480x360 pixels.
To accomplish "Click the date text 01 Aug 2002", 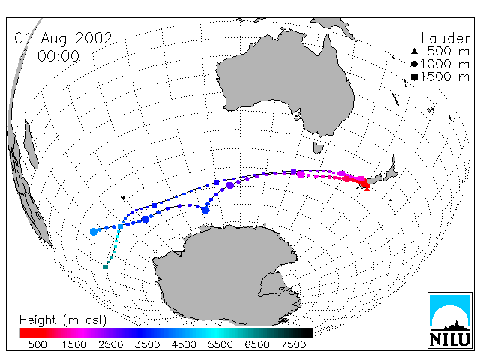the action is coord(63,39).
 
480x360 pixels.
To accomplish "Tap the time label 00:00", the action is coord(58,56).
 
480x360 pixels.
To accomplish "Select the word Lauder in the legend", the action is coord(445,38).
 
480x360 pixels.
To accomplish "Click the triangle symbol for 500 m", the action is coord(414,51).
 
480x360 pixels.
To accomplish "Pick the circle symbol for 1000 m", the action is coord(414,64).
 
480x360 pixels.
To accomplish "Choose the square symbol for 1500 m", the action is coord(414,76).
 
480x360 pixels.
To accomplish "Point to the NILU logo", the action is coord(450,320).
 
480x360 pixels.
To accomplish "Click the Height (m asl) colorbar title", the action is coord(63,320).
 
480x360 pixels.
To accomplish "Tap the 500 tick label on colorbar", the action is coord(37,345).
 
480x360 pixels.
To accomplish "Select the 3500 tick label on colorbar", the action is coord(147,345).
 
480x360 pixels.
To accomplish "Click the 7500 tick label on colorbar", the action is coord(293,345).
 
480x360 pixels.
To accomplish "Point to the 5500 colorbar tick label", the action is coord(220,345).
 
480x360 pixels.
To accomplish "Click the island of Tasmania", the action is coord(318,148).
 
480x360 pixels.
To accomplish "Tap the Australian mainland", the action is coord(285,82).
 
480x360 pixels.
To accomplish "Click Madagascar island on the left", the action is coord(31,145).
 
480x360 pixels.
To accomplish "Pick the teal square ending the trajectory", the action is coord(105,267).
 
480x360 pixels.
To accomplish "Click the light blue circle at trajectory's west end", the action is coord(94,232).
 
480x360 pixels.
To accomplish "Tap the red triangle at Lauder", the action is coord(367,188).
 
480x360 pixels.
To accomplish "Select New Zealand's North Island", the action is coord(390,169).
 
